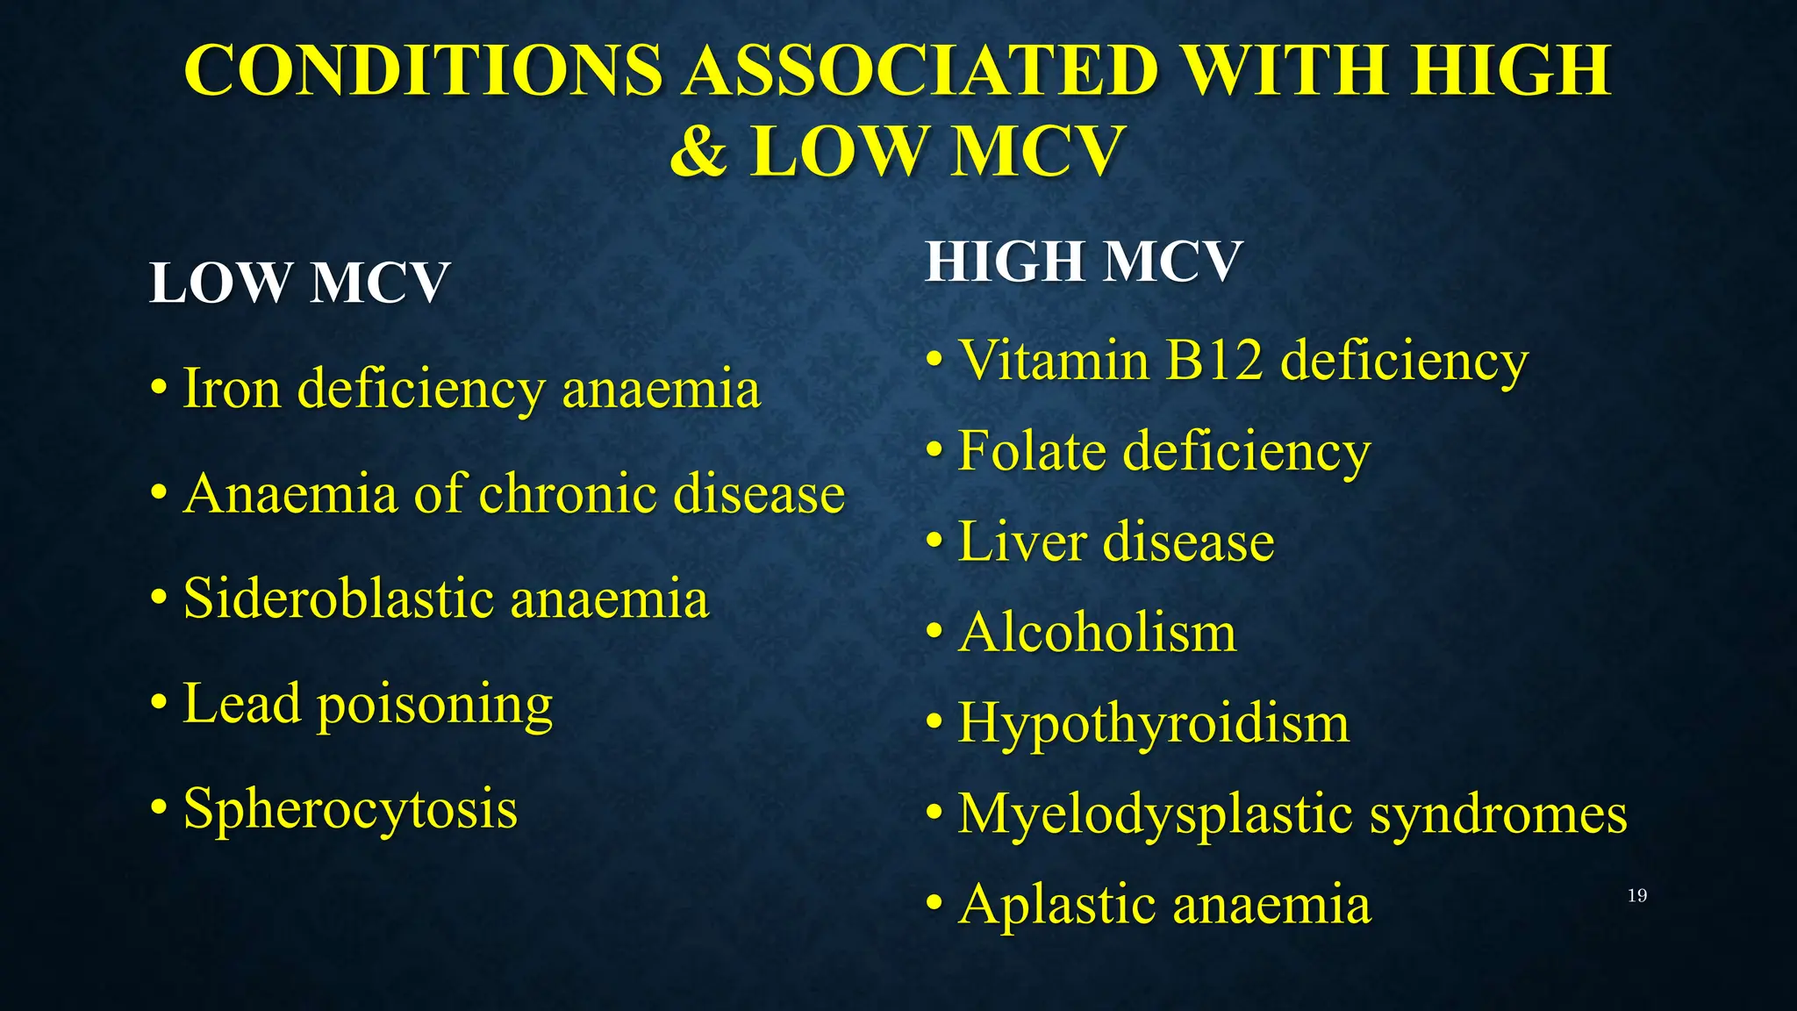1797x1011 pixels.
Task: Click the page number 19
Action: [x=1637, y=896]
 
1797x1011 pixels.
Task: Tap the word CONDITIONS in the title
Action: [x=423, y=70]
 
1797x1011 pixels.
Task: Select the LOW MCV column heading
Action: [x=299, y=283]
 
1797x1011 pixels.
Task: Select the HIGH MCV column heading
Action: [x=1084, y=262]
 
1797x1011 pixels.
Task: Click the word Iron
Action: [x=232, y=388]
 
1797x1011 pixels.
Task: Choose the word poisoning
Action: [x=435, y=705]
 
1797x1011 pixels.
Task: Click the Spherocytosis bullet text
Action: [x=350, y=809]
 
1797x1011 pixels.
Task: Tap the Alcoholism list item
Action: [x=1097, y=632]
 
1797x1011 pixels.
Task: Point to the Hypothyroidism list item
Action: [x=1153, y=724]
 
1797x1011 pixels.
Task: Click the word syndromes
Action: [x=1498, y=814]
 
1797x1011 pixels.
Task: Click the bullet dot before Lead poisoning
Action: [x=158, y=703]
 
